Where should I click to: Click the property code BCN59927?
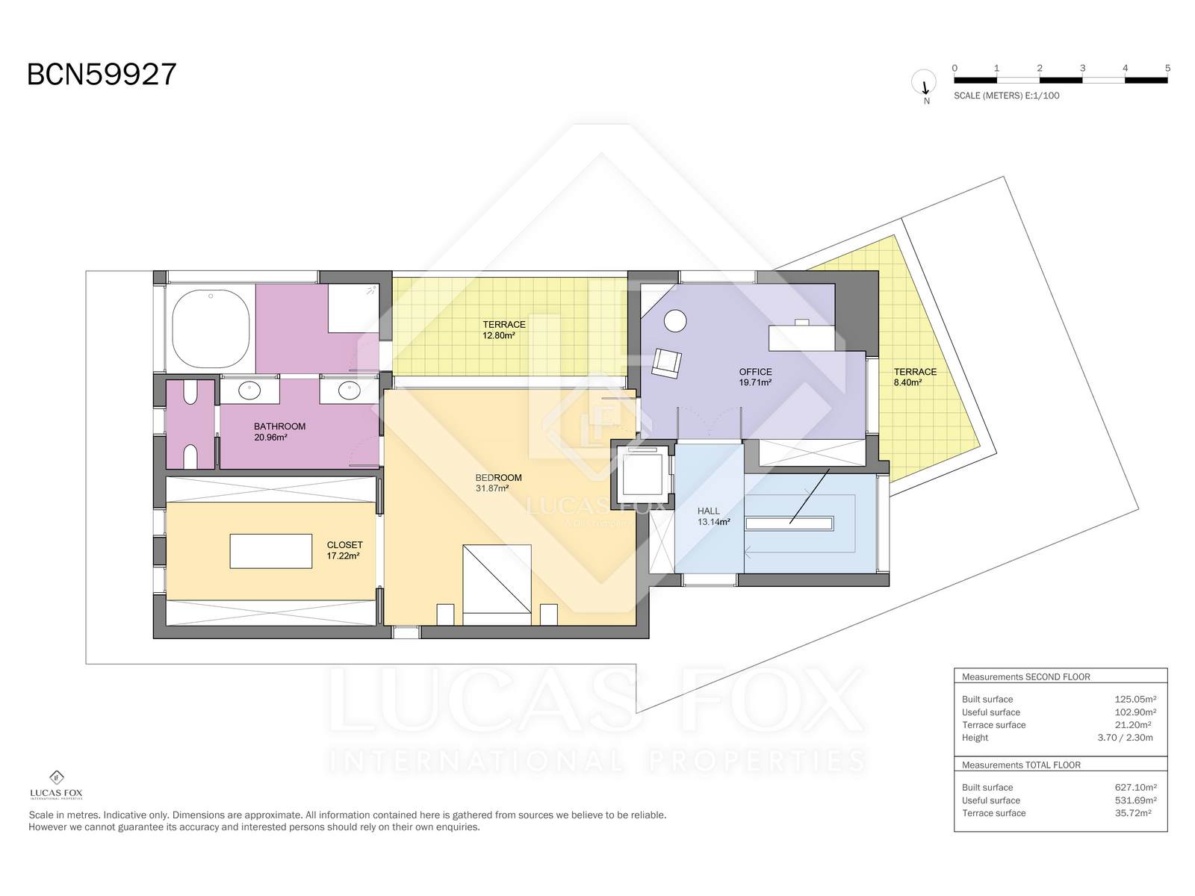click(102, 74)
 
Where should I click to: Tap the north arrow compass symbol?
click(924, 84)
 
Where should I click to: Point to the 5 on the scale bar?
click(1167, 68)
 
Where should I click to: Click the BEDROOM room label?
click(498, 478)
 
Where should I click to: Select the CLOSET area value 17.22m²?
click(343, 556)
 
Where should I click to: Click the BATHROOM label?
click(279, 426)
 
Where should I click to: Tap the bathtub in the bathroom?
click(211, 329)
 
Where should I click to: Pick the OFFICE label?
click(755, 372)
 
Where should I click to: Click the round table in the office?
click(676, 320)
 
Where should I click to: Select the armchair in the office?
click(667, 363)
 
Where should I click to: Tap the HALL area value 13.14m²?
click(714, 522)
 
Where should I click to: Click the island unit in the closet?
click(270, 551)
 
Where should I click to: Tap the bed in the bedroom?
click(497, 585)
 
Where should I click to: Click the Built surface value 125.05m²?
click(1135, 699)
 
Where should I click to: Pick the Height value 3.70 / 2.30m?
click(1125, 738)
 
